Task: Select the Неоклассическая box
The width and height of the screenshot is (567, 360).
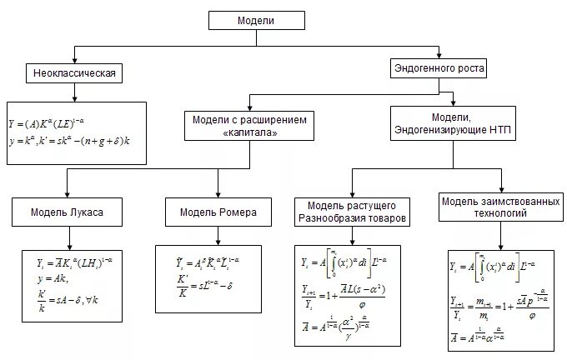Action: coord(73,75)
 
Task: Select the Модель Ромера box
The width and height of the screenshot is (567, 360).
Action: coord(218,212)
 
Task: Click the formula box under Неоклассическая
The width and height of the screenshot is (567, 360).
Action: coord(75,131)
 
